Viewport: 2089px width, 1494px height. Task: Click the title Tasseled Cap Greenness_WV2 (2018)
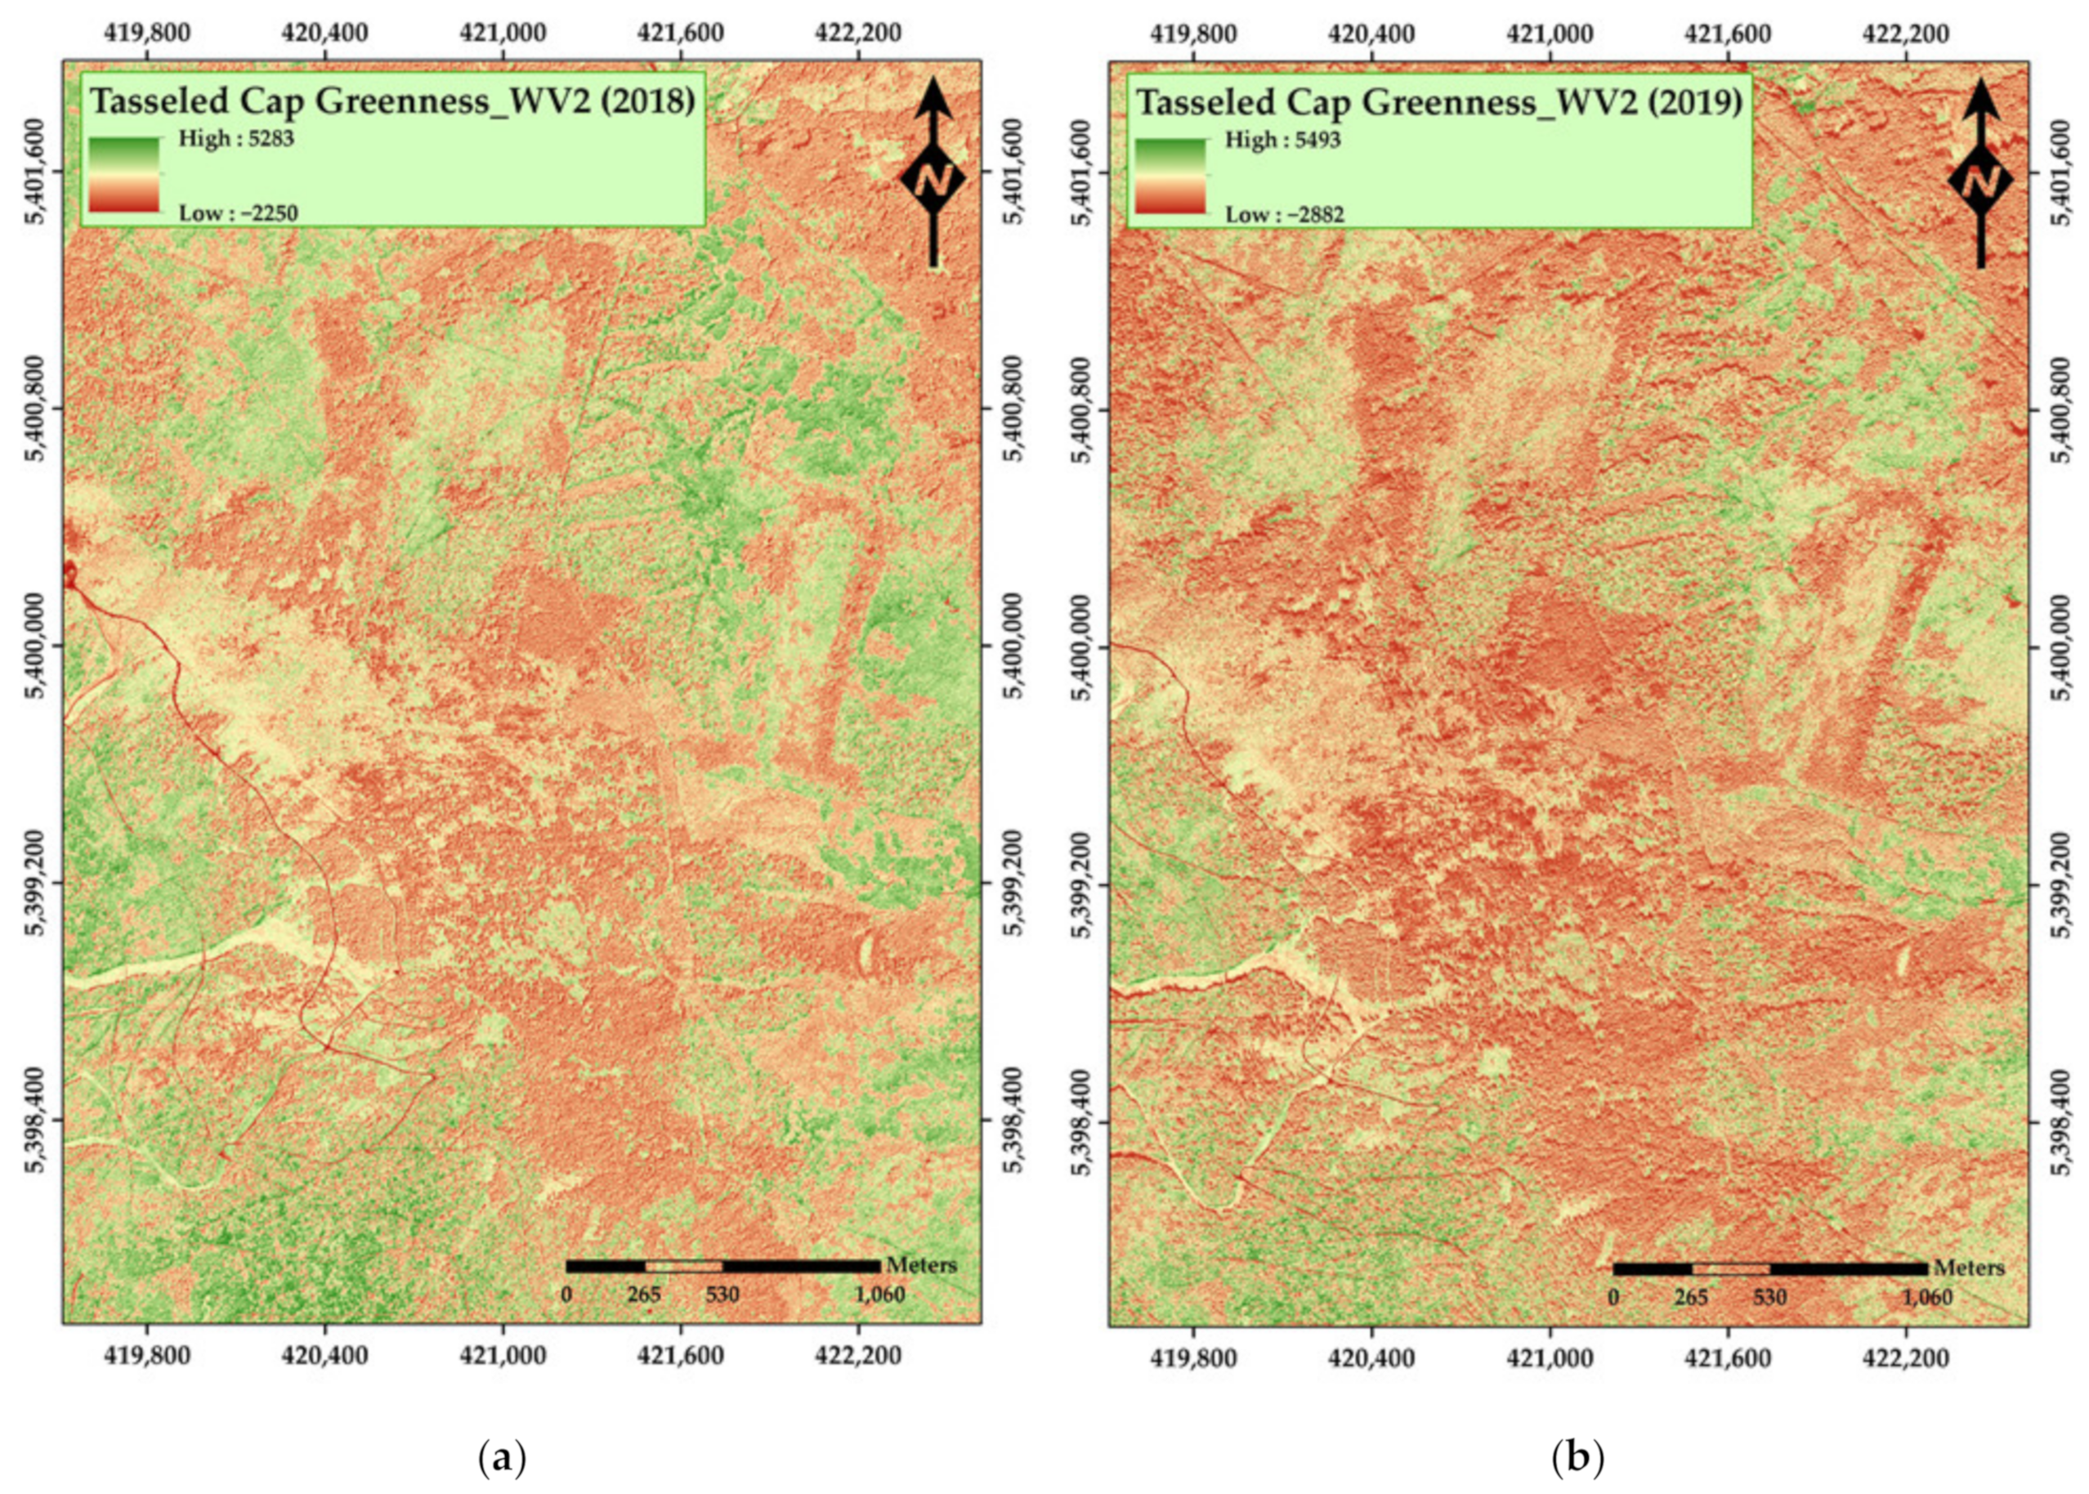391,101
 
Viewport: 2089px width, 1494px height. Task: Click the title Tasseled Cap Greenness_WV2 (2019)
1439,101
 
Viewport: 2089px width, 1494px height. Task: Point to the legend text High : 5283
235,139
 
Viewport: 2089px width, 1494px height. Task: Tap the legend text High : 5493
1283,140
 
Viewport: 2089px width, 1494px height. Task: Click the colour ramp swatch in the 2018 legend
124,175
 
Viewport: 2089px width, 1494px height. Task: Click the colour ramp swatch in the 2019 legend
1170,176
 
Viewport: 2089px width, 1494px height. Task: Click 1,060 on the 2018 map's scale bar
880,1295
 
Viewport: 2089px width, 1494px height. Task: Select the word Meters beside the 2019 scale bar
1969,1268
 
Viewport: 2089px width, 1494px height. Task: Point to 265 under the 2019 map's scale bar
1691,1297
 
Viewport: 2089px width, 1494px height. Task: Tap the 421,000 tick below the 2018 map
503,1356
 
